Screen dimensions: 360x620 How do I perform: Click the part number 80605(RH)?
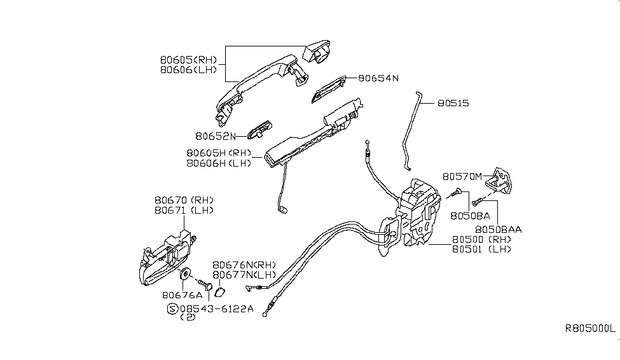click(x=188, y=60)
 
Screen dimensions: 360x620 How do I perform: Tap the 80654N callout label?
click(x=378, y=78)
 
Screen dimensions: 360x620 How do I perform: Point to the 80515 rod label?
click(x=453, y=102)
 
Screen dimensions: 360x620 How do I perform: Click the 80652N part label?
click(x=215, y=135)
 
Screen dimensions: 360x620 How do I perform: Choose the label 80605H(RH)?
click(x=218, y=153)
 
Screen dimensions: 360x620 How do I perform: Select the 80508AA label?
click(x=497, y=227)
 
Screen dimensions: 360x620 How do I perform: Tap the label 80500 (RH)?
click(x=481, y=239)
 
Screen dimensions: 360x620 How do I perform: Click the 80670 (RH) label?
click(x=184, y=200)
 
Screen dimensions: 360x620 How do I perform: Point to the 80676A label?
click(x=181, y=294)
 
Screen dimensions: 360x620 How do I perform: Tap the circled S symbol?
click(x=172, y=308)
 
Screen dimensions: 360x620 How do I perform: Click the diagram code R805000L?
click(x=590, y=329)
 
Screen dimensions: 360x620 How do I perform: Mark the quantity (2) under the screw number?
click(x=189, y=317)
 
